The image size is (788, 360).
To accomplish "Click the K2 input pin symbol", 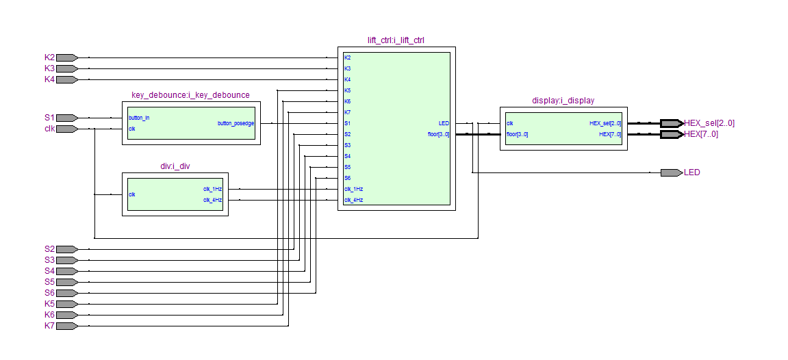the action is (x=67, y=57).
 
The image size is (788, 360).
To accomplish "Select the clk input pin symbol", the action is (x=67, y=129).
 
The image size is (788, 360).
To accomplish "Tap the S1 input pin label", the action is (x=49, y=118).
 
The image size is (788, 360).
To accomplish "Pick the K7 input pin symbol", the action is (x=67, y=326).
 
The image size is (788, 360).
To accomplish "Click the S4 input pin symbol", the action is (x=67, y=271).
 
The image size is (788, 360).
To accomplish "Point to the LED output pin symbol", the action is (x=672, y=172).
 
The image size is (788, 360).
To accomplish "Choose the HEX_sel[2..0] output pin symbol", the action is (x=672, y=123).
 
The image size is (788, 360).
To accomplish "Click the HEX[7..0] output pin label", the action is (x=701, y=134).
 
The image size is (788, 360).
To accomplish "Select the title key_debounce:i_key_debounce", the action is (x=190, y=95).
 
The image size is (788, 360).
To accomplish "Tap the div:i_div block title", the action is (x=175, y=166).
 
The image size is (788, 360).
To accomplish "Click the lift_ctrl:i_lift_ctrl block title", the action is (x=396, y=40).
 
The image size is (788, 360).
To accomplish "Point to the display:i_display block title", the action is (x=563, y=101).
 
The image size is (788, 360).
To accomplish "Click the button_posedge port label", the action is (x=236, y=123).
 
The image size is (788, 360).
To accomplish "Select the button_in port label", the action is (x=139, y=118).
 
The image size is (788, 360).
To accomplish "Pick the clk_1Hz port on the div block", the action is (x=213, y=190).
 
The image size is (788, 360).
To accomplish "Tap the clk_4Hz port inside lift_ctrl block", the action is (x=353, y=201).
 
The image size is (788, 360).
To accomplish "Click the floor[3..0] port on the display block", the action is (x=517, y=135).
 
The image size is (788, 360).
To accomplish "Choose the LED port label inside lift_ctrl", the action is (x=444, y=123).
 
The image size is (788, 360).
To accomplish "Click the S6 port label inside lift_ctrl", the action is (x=347, y=178).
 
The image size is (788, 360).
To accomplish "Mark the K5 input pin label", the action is (x=49, y=304).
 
